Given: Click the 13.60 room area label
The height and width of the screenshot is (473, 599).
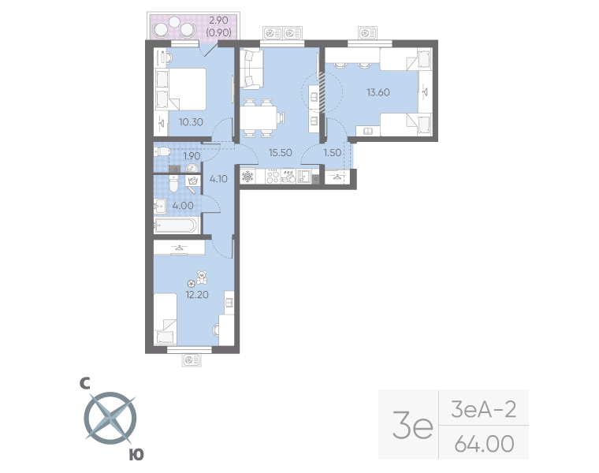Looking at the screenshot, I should (x=377, y=91).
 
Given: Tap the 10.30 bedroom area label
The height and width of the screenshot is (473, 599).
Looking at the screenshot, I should (x=192, y=122).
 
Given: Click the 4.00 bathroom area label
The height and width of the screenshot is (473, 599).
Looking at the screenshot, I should (x=184, y=207).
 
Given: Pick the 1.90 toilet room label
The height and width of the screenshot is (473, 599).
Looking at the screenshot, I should (x=192, y=155).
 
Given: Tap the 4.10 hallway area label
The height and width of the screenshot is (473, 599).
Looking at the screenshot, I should (x=218, y=179).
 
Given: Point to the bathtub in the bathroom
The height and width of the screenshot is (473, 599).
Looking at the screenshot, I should (x=175, y=226).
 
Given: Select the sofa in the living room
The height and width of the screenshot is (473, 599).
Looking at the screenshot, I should (x=251, y=69).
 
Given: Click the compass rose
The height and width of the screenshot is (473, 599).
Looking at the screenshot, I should (x=110, y=418).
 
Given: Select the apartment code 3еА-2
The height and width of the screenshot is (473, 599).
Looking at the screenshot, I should (x=483, y=408).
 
